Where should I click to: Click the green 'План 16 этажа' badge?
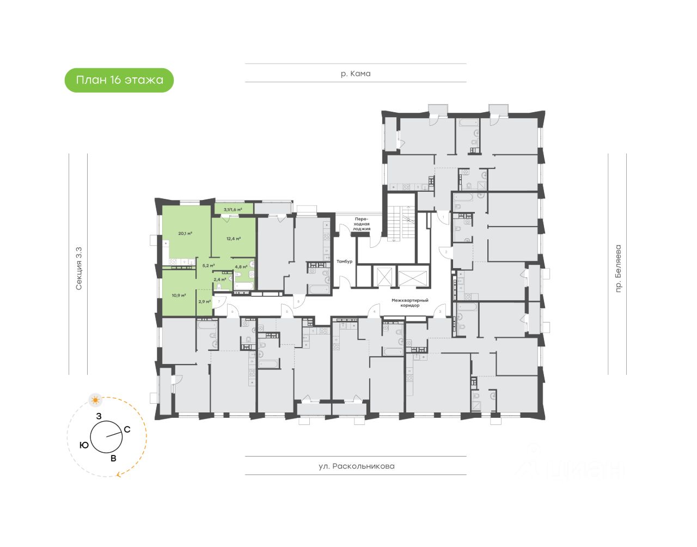click(x=119, y=80)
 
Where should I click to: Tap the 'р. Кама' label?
click(x=355, y=74)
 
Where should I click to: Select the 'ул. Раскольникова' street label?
click(x=356, y=466)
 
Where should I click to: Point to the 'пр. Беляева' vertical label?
click(x=617, y=269)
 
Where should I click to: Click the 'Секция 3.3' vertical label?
click(x=79, y=268)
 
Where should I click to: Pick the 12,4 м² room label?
click(x=234, y=238)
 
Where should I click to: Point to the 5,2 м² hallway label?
click(x=208, y=266)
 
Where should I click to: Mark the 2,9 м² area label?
click(x=204, y=301)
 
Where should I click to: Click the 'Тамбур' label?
click(x=344, y=262)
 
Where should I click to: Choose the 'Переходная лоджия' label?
click(x=362, y=223)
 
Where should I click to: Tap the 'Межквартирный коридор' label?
click(x=410, y=303)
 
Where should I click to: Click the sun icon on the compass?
click(x=96, y=400)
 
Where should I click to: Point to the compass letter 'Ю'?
click(x=84, y=446)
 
